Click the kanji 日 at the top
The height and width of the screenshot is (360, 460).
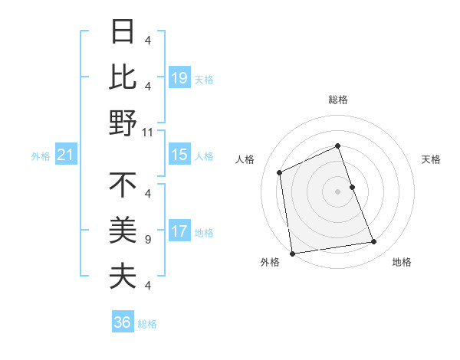[123, 32]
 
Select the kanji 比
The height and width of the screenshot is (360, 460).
[123, 77]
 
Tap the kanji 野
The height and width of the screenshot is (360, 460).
[123, 123]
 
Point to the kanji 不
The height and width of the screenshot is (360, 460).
[123, 185]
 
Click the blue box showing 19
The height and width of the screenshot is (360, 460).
[179, 77]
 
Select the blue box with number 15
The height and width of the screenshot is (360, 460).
[179, 155]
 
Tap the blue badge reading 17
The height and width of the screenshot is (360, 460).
[179, 231]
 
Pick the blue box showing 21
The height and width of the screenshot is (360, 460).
[66, 155]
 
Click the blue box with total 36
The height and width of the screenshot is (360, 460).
[123, 322]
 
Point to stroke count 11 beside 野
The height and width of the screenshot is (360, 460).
[148, 133]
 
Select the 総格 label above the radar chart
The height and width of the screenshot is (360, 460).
[338, 100]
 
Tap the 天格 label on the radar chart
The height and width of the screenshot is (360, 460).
[432, 159]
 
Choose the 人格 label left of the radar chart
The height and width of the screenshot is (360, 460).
[245, 159]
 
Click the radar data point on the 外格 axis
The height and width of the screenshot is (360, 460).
[292, 253]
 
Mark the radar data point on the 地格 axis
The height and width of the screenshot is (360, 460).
[374, 242]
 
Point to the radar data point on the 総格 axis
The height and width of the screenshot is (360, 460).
[338, 146]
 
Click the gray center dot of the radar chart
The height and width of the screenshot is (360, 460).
[338, 191]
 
